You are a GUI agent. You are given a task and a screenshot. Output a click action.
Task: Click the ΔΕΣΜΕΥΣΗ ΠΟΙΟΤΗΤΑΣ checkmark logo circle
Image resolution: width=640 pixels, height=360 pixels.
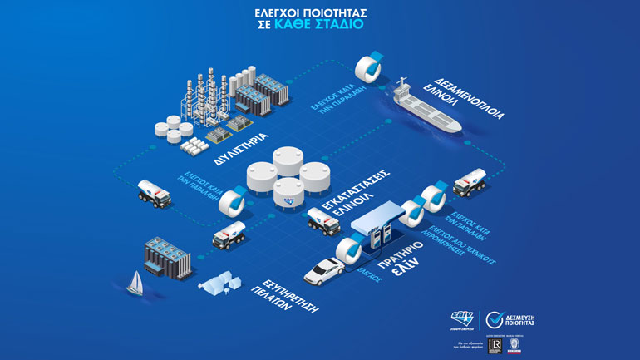click(496, 320)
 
